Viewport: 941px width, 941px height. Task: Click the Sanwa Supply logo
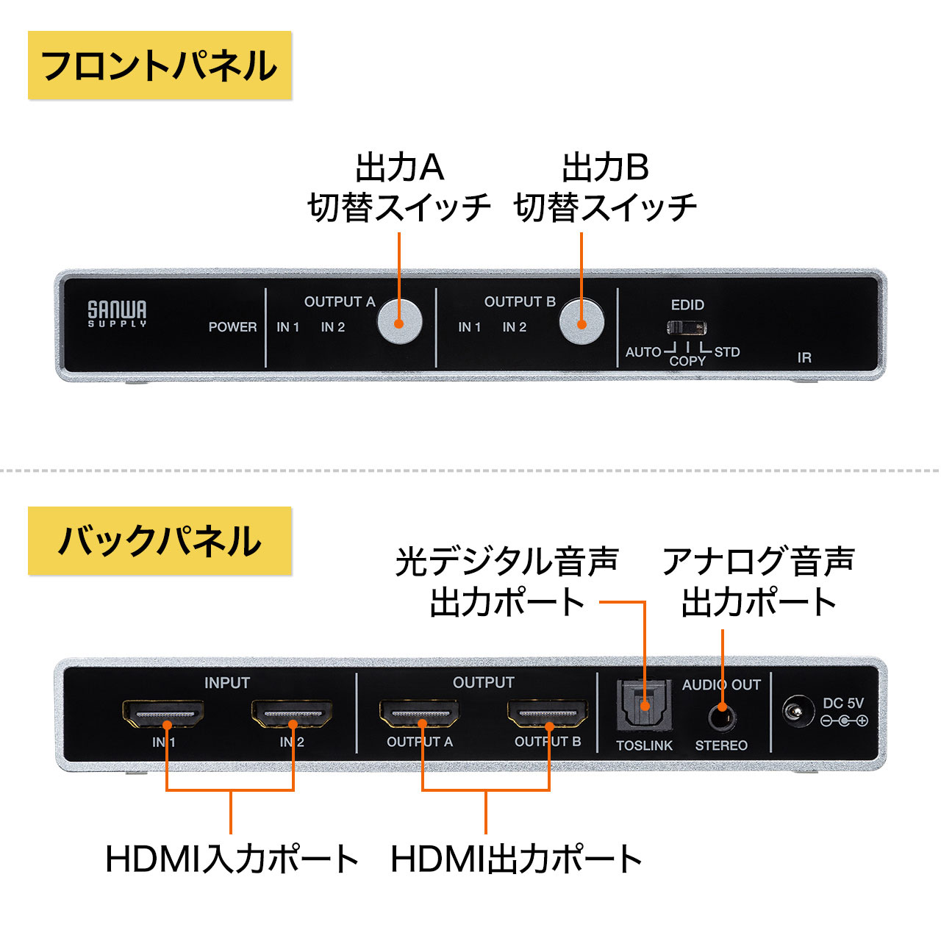click(x=117, y=312)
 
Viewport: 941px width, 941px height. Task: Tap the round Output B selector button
click(x=582, y=322)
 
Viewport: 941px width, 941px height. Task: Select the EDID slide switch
click(x=687, y=327)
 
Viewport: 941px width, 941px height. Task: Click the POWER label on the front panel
click(x=232, y=327)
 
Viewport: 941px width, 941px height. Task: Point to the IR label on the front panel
click(x=804, y=358)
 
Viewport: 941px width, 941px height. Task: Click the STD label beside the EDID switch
click(x=726, y=352)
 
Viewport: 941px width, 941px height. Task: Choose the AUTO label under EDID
click(x=643, y=352)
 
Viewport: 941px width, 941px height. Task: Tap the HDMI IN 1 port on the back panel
click(x=163, y=713)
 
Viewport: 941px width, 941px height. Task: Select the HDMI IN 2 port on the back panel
click(x=292, y=713)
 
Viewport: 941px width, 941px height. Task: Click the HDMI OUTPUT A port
click(x=420, y=713)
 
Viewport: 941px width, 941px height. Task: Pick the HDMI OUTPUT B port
click(x=548, y=713)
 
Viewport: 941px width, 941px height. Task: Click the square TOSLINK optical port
click(x=644, y=704)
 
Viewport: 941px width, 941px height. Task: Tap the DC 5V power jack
click(x=795, y=712)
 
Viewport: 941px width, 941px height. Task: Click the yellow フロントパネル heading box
click(x=160, y=65)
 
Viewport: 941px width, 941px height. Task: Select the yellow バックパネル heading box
click(x=160, y=541)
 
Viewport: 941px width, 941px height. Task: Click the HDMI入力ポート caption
click(x=232, y=859)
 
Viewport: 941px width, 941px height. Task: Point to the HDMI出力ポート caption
click(x=516, y=859)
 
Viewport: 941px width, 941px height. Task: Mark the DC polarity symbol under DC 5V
click(x=844, y=721)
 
